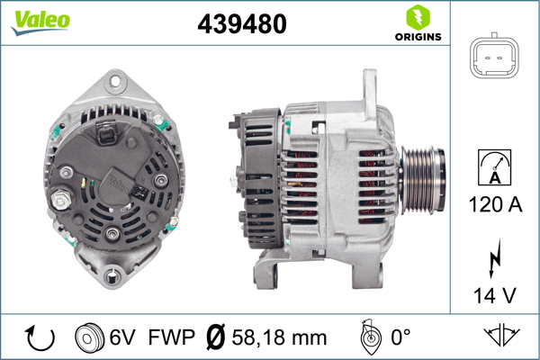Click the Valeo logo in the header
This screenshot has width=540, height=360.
point(40,22)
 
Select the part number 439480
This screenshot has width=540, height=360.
point(242,23)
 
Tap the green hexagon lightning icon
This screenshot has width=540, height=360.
point(418,17)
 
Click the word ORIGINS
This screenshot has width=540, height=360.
point(418,37)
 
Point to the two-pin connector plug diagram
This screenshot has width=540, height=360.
point(494,56)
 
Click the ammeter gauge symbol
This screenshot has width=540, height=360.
point(494,167)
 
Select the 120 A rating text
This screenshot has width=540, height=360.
point(495,204)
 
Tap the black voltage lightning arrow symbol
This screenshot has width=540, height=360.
point(495,257)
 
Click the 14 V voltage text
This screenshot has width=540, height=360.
point(495,295)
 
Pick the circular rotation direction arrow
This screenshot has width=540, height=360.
point(40,337)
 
